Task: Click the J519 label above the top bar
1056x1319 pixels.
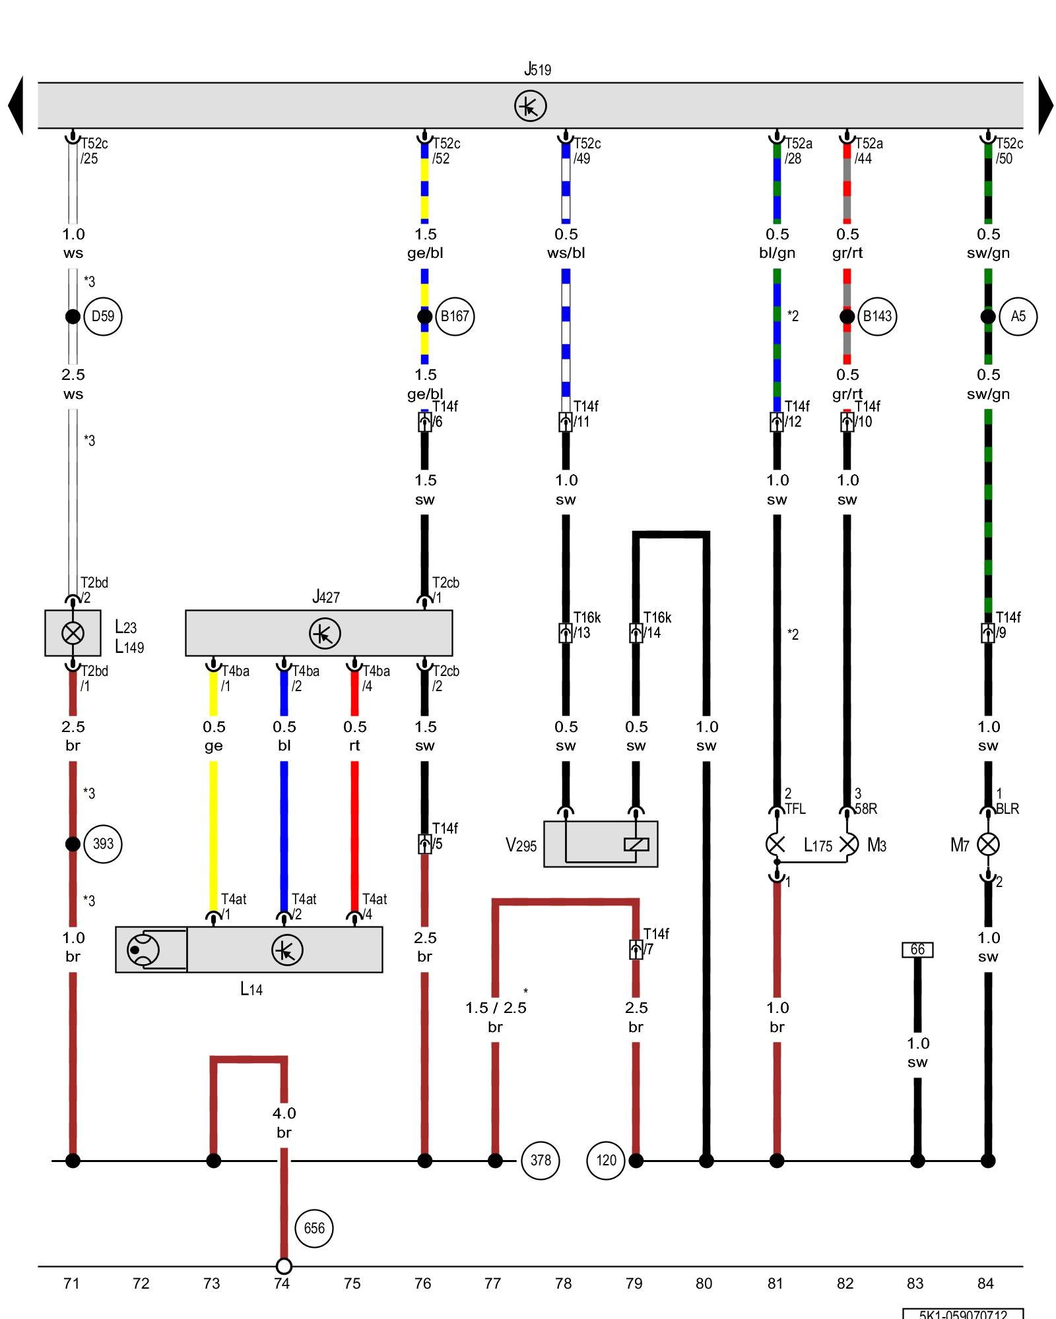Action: tap(537, 69)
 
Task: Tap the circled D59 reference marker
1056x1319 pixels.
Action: tap(103, 317)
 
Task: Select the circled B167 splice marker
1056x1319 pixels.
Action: tap(455, 317)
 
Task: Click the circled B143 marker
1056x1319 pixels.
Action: tap(877, 317)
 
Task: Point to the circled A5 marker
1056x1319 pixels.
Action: tap(1018, 317)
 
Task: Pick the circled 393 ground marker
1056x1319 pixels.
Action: tap(103, 844)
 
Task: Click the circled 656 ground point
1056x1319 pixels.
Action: tap(314, 1228)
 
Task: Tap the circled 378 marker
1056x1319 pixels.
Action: tap(541, 1160)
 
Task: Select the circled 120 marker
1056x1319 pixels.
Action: tap(606, 1160)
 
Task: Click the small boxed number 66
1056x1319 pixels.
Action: tap(917, 950)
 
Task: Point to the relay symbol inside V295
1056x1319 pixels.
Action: tap(636, 844)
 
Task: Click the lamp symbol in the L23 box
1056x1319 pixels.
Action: tap(73, 633)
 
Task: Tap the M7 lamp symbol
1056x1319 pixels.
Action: tap(987, 844)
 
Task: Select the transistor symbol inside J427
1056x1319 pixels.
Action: tap(325, 633)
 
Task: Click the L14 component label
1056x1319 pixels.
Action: tap(251, 989)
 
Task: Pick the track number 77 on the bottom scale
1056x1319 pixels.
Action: tap(493, 1283)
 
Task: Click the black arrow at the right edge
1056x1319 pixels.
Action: tap(1045, 106)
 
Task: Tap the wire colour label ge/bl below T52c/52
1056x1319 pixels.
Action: tap(425, 253)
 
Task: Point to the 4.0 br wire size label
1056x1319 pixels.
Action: tap(284, 1122)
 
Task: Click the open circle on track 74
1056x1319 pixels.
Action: tap(284, 1266)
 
